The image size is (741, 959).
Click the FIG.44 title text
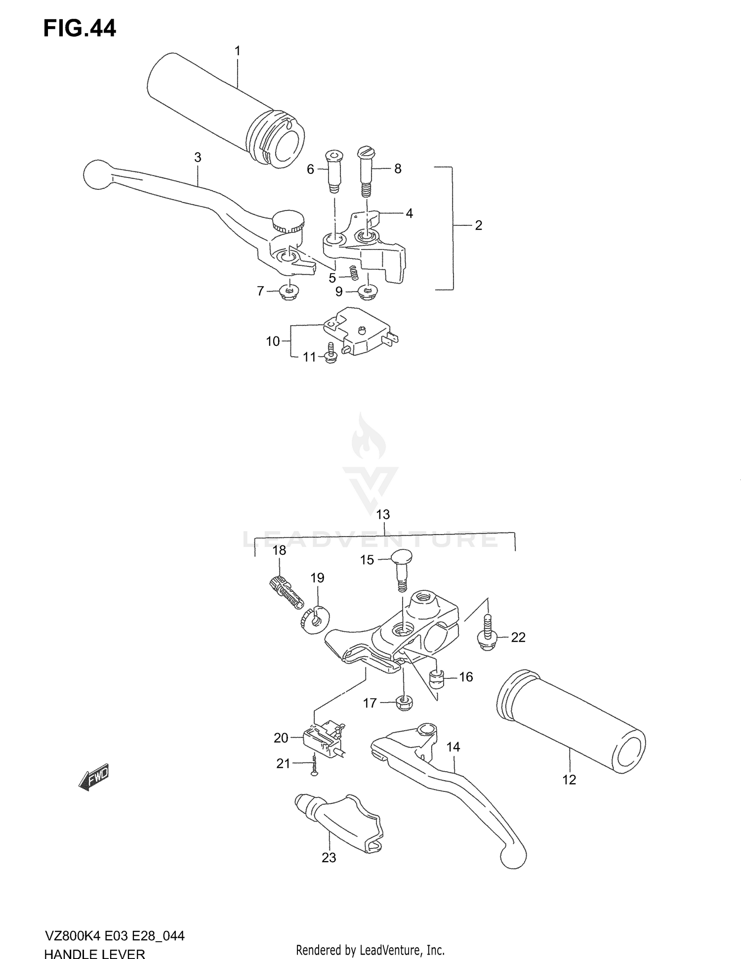[80, 29]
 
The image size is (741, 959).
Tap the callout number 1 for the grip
[237, 51]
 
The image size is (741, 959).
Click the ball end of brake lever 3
[96, 174]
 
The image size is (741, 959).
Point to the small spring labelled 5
[353, 272]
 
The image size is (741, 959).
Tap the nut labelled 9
[366, 292]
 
